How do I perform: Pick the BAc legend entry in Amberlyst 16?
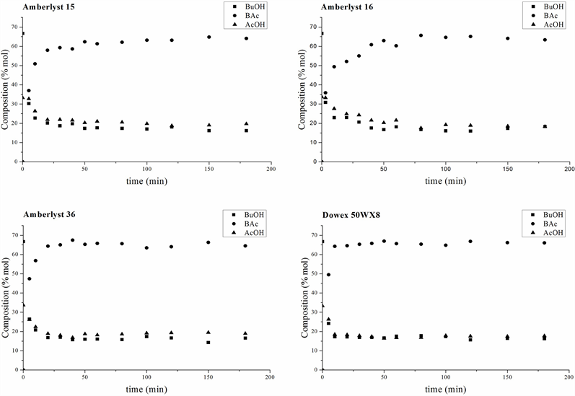click(x=549, y=14)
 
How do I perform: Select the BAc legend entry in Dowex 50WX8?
click(x=549, y=224)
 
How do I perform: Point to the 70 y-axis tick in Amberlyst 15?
click(x=16, y=27)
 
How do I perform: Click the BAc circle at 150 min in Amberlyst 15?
click(x=209, y=37)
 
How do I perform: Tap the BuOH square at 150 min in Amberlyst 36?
click(x=209, y=342)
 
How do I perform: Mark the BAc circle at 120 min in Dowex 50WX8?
click(x=470, y=242)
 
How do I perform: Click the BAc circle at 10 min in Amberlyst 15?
click(x=35, y=63)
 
